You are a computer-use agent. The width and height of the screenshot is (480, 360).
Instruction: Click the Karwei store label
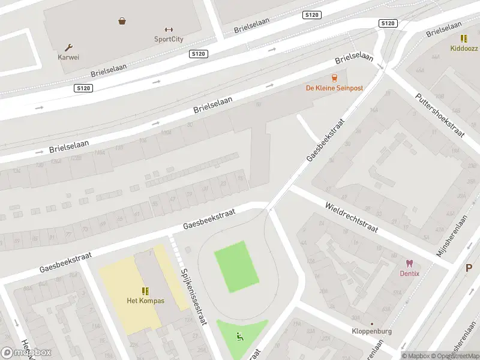[x=68, y=58]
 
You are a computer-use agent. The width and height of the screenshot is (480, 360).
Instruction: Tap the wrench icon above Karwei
[x=68, y=47]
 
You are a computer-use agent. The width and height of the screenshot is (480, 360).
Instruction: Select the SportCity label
[x=169, y=40]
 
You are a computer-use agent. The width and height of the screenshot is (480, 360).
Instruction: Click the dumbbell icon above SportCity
[x=169, y=29]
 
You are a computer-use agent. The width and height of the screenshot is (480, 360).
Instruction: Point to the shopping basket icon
[x=122, y=21]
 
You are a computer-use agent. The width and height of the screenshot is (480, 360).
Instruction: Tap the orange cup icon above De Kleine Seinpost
[x=334, y=78]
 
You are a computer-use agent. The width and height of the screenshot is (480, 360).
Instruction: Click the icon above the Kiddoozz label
[x=464, y=38]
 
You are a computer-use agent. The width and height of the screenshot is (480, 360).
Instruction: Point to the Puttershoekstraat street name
[x=440, y=115]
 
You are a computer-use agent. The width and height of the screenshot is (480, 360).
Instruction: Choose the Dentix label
[x=410, y=274]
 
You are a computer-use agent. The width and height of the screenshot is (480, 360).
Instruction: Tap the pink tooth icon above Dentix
[x=410, y=263]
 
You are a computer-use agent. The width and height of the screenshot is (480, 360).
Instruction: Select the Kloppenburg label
[x=372, y=331]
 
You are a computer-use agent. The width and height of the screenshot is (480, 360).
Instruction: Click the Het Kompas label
[x=145, y=301]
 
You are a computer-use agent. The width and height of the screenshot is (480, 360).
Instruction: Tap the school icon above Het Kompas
[x=145, y=290]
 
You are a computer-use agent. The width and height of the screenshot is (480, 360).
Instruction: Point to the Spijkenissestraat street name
[x=194, y=296]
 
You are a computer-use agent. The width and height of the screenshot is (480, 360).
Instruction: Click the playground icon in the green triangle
[x=241, y=337]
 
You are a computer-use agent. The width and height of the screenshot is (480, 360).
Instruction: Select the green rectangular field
[x=236, y=266]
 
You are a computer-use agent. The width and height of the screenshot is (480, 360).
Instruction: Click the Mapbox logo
[x=26, y=353]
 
